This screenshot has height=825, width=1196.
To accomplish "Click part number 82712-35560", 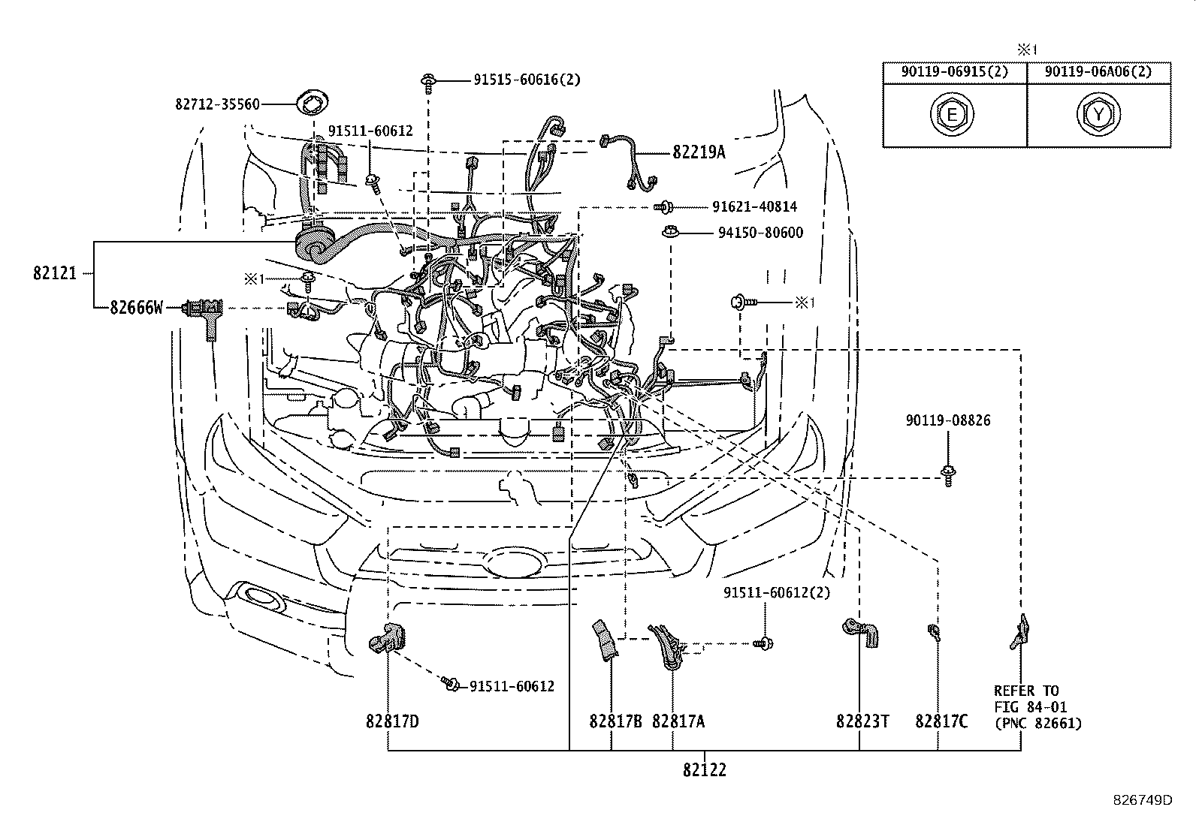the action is [x=217, y=104].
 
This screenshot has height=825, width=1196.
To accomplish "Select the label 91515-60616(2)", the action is [x=527, y=80].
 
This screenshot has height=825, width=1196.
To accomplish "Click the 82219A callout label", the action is [x=699, y=152].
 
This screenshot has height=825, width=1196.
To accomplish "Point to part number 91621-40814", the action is [x=755, y=206].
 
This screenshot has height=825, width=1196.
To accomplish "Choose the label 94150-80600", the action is [x=760, y=233].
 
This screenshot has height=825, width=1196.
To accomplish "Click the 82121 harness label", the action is [x=55, y=273].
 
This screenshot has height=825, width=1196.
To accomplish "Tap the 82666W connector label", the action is [x=136, y=308].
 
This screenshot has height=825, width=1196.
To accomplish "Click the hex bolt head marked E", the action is [x=952, y=115].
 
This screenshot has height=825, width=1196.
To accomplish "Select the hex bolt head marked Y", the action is [x=1098, y=115].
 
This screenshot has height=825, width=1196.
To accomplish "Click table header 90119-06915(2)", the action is [x=955, y=71].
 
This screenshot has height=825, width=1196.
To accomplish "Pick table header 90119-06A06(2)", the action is [x=1098, y=71].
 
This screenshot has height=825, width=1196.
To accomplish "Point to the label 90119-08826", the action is [x=948, y=420].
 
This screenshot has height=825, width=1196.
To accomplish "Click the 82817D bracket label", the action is [x=392, y=721].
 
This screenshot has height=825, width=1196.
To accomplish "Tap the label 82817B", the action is [x=615, y=721].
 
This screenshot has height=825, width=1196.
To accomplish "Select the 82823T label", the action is [x=862, y=721].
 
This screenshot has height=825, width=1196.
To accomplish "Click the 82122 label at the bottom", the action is [x=705, y=770].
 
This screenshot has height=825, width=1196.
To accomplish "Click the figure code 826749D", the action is [x=1143, y=800].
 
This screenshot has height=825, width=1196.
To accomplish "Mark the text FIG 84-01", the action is [x=1031, y=707].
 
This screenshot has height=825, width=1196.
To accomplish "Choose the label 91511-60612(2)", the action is [x=777, y=593].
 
